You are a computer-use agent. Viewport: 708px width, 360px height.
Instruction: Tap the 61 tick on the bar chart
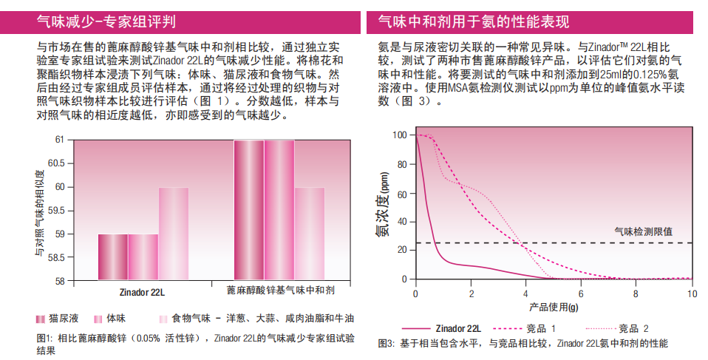pyautogui.click(x=59, y=140)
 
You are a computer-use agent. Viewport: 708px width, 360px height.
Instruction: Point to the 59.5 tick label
pyautogui.click(x=55, y=211)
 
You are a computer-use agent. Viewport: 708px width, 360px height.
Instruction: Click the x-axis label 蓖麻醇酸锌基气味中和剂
pyautogui.click(x=280, y=291)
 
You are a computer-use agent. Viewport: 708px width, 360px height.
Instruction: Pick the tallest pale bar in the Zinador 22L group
pyautogui.click(x=173, y=234)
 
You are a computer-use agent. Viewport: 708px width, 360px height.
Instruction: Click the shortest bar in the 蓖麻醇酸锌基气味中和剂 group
pyautogui.click(x=310, y=234)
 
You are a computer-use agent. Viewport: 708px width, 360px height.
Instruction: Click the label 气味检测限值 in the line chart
pyautogui.click(x=643, y=231)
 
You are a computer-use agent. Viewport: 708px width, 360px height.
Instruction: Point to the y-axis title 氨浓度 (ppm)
pyautogui.click(x=384, y=207)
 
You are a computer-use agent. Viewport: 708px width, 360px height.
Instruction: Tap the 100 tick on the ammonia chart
pyautogui.click(x=400, y=135)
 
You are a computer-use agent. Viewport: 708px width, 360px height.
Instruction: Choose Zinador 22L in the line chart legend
pyautogui.click(x=458, y=327)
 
